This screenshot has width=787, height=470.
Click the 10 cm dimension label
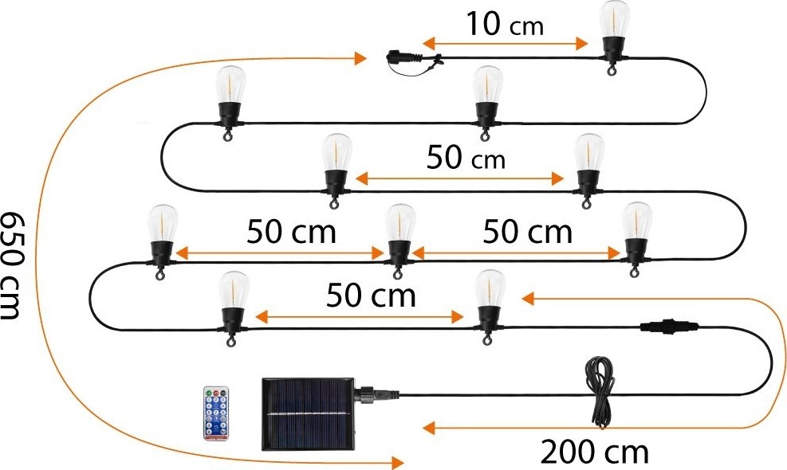(504, 24)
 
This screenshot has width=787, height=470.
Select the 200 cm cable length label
(594, 452)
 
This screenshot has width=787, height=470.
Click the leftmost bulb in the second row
(231, 96)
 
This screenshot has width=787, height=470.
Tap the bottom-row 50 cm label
(371, 296)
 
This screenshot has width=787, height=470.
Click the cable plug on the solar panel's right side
(380, 393)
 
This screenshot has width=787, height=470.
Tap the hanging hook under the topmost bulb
(611, 72)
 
